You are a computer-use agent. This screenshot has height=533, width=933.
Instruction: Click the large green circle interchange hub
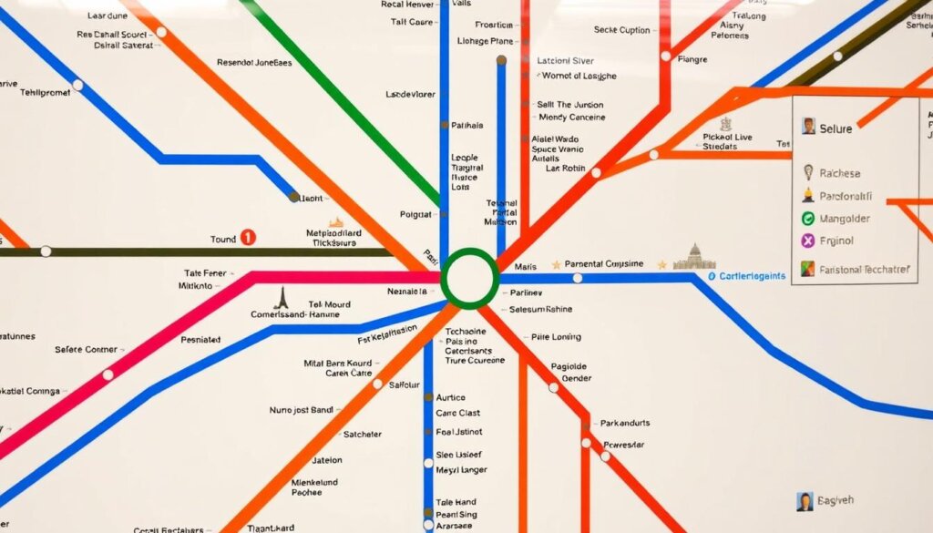(x=469, y=278)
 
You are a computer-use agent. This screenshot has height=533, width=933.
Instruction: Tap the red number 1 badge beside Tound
(x=247, y=239)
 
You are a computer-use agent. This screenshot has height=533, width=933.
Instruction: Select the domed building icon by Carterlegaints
(x=693, y=258)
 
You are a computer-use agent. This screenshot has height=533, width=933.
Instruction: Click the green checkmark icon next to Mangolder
(x=807, y=219)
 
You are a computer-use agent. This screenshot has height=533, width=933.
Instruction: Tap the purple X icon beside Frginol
(x=807, y=241)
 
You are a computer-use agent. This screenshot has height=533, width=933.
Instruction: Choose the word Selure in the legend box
(x=836, y=128)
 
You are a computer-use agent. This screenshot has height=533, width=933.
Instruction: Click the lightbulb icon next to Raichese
(x=807, y=171)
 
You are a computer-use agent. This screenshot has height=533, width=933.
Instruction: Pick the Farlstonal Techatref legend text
(x=864, y=269)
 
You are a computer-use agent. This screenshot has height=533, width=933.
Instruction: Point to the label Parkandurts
(x=625, y=424)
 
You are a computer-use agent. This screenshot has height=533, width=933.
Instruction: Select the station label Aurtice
(x=450, y=398)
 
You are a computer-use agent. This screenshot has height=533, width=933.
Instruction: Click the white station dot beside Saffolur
(x=377, y=384)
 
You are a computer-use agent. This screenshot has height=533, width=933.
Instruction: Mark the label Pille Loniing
(x=557, y=336)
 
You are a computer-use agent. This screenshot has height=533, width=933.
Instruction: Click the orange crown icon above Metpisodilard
(x=335, y=222)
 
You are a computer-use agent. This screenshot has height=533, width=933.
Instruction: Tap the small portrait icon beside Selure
(x=807, y=127)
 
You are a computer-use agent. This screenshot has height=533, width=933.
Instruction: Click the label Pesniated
(x=200, y=340)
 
